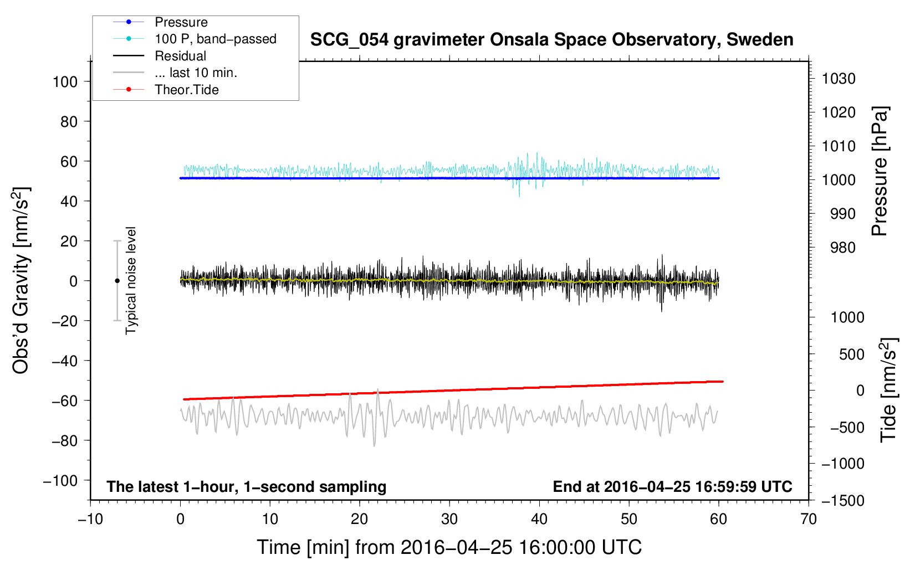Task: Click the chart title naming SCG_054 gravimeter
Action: click(x=551, y=40)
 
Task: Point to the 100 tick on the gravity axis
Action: click(x=65, y=82)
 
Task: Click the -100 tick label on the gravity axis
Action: click(x=60, y=481)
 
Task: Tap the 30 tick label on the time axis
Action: click(x=449, y=519)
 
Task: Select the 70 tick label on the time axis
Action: click(x=809, y=519)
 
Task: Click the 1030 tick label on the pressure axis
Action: click(x=839, y=79)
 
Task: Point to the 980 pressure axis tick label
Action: click(x=842, y=248)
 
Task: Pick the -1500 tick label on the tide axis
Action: click(x=843, y=501)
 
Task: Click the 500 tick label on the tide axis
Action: click(x=851, y=355)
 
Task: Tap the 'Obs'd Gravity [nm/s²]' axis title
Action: click(x=21, y=280)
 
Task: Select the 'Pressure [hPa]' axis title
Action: click(x=880, y=171)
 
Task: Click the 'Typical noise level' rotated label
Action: click(x=131, y=280)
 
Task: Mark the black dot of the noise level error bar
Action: click(x=117, y=281)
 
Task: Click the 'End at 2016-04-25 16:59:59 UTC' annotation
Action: click(x=672, y=487)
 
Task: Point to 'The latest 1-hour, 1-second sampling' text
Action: click(x=247, y=487)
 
